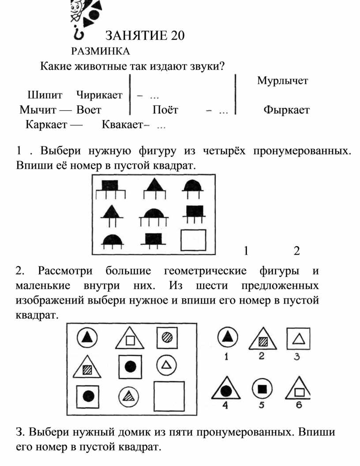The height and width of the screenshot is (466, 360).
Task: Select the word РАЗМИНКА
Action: click(101, 51)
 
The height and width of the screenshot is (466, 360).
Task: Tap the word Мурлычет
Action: click(282, 81)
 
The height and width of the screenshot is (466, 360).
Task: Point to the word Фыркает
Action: click(286, 110)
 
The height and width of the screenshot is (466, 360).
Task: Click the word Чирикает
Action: click(99, 95)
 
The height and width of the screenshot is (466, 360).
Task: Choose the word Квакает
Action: click(122, 124)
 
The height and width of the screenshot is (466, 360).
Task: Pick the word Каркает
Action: click(46, 125)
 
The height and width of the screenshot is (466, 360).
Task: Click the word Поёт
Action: click(165, 110)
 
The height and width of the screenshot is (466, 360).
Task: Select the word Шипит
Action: click(45, 95)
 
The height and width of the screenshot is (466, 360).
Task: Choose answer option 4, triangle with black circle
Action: click(226, 389)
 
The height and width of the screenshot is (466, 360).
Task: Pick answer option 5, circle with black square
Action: click(262, 389)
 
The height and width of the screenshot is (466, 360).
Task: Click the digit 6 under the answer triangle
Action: click(299, 405)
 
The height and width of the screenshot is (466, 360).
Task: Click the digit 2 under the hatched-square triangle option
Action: click(261, 355)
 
